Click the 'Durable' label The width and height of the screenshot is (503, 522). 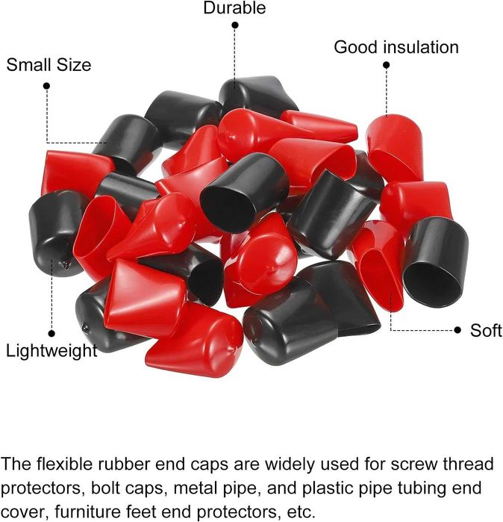pos(234,7)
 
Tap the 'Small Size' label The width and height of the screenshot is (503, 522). pos(49,64)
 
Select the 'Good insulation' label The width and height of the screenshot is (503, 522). pos(396,47)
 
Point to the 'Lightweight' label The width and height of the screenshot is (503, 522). pos(51,352)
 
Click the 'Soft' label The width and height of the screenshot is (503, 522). pos(486,331)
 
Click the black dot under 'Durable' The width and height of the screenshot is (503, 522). pos(235,25)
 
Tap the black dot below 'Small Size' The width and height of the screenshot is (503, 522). pos(46,86)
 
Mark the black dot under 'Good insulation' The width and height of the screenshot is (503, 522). pos(387,65)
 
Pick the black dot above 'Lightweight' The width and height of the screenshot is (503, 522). pos(51,333)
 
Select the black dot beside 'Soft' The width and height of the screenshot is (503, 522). pos(457,330)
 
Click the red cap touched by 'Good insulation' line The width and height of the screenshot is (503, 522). pos(395,148)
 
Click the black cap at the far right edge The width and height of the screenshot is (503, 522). pos(435,261)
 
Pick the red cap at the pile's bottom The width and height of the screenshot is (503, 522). pos(195,340)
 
